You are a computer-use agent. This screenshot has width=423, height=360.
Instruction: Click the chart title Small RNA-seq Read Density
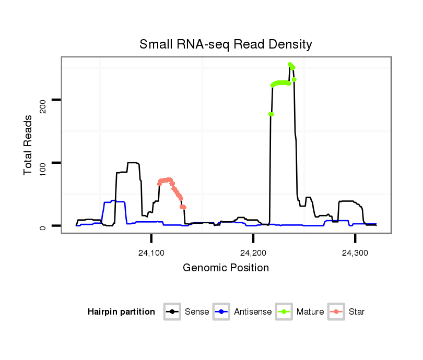(226, 45)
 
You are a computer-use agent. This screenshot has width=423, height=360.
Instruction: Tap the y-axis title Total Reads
(28, 145)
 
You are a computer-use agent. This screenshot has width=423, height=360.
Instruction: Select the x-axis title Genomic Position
(226, 268)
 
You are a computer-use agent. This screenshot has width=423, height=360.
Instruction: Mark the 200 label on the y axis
(42, 100)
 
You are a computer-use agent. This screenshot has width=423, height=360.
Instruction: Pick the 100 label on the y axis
(42, 163)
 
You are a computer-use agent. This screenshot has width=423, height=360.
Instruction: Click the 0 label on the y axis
(42, 226)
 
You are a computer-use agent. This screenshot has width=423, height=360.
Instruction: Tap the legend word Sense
(197, 312)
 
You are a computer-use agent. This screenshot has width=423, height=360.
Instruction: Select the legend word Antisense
(253, 312)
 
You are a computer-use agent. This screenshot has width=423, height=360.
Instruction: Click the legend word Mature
(310, 312)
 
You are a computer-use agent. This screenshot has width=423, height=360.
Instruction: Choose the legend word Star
(357, 312)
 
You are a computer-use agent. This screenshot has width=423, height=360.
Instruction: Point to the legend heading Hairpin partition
(121, 312)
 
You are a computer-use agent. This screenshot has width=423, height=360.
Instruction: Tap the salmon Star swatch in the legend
(337, 312)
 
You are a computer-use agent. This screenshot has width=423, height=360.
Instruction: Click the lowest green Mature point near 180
(271, 114)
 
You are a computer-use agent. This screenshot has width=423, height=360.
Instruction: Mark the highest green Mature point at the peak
(290, 64)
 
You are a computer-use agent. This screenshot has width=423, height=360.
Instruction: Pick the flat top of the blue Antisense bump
(118, 201)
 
